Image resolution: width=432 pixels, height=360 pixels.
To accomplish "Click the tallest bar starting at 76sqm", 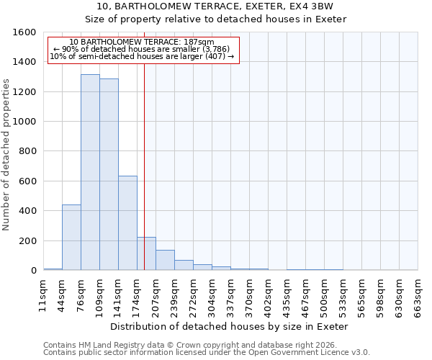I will [90, 173].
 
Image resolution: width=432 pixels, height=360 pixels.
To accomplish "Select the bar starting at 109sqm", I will [109, 175].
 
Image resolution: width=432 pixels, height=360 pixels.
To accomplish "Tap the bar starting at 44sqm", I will [71, 238].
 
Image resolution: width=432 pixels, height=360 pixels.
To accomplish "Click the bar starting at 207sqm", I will [165, 260].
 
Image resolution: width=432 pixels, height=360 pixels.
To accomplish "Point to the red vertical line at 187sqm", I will [144, 166].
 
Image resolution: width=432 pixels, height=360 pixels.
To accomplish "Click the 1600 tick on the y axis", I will [26, 32].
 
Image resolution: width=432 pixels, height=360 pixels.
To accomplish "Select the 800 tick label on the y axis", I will [29, 151].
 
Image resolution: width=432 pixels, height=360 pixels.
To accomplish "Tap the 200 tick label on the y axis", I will [29, 240].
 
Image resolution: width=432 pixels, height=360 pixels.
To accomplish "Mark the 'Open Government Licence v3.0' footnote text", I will [308, 352].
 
